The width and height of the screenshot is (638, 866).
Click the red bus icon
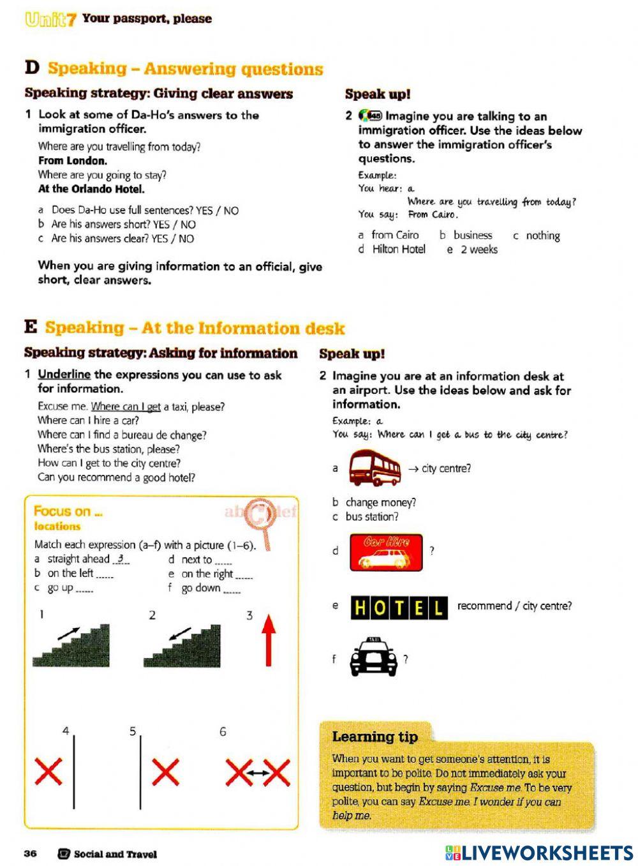[x=375, y=468]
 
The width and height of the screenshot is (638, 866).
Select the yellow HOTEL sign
[x=399, y=608]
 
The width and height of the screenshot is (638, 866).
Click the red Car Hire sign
[x=386, y=552]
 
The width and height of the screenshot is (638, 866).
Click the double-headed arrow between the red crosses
[x=258, y=773]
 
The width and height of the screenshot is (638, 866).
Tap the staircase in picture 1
[x=71, y=646]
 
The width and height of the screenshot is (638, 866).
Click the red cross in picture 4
[x=48, y=772]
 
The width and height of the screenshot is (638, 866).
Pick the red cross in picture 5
[x=165, y=773]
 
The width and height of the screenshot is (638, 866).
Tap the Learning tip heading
[x=375, y=736]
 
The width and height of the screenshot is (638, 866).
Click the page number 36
[x=31, y=854]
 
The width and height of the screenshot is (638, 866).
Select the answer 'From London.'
[x=73, y=161]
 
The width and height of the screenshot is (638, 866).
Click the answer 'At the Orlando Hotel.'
[x=91, y=189]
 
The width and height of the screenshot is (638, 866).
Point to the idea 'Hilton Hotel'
[x=398, y=250]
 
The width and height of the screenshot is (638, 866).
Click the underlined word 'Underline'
[x=64, y=375]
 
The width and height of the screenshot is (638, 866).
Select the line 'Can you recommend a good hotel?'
[x=116, y=477]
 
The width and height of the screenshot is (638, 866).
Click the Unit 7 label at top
[x=51, y=19]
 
